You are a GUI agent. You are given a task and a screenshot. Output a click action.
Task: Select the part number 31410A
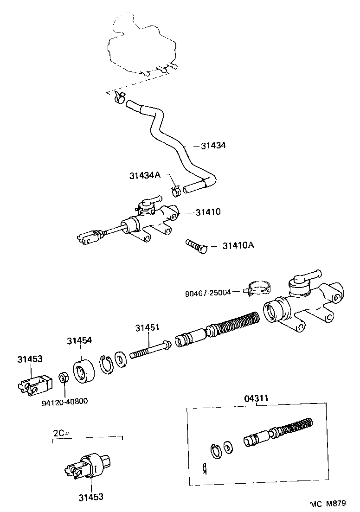click(x=238, y=246)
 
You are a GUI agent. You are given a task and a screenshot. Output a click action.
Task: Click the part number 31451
click(x=147, y=327)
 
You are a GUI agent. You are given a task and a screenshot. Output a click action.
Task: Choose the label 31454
click(x=79, y=340)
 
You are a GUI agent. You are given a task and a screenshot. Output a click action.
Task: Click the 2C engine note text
click(x=60, y=433)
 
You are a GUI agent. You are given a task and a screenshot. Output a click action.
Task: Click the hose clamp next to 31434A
click(x=176, y=190)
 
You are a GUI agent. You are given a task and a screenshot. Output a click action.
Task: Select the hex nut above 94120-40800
click(x=64, y=377)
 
